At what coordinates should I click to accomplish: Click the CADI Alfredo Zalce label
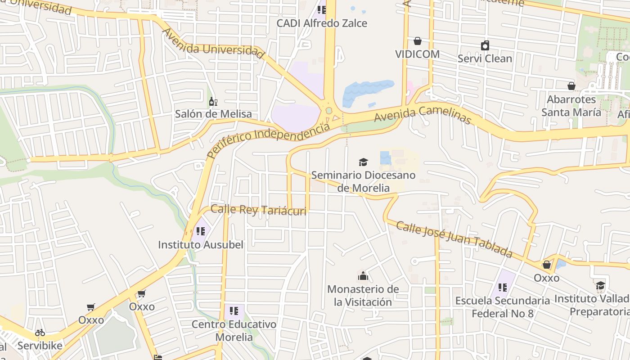322,23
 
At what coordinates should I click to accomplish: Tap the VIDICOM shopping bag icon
418,41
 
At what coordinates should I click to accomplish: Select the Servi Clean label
485,58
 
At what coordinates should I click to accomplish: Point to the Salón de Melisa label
213,114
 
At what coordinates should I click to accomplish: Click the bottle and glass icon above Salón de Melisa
213,102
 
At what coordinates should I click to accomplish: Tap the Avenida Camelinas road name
423,115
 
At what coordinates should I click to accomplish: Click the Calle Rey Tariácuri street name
258,210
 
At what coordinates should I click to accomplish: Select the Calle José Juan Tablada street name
454,239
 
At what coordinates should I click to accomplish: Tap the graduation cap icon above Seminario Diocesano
363,162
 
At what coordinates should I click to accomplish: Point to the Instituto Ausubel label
200,245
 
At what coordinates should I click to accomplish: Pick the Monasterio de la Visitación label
363,295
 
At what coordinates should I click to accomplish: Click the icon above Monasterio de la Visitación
363,276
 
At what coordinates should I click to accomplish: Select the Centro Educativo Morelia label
234,330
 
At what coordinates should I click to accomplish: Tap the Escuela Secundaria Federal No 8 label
502,306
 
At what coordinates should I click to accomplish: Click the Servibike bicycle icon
40,333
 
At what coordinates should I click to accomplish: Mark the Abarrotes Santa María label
571,105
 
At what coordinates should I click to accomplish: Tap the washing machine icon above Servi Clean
485,45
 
